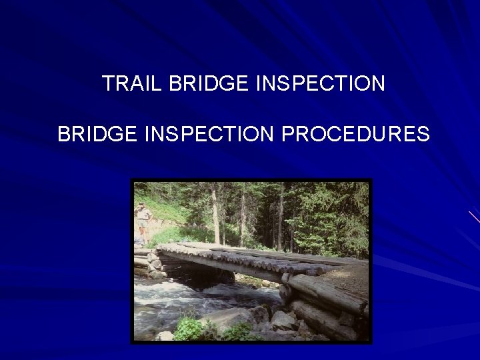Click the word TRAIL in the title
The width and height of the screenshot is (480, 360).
tap(133, 84)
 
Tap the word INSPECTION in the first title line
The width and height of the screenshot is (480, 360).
tap(320, 84)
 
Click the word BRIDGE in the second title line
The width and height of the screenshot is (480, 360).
tap(97, 134)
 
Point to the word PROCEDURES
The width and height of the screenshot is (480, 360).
tap(355, 134)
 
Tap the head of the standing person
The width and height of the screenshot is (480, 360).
tap(142, 207)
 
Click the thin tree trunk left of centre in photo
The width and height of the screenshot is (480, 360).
tap(215, 213)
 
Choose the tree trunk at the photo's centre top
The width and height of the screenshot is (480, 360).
tap(280, 207)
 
